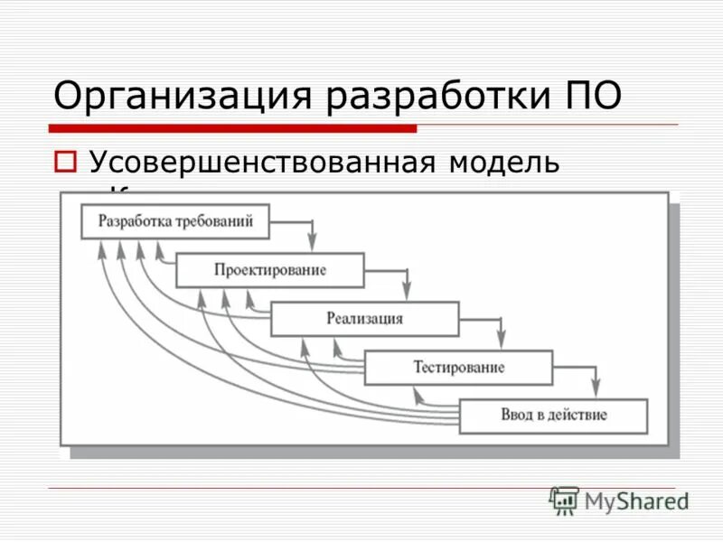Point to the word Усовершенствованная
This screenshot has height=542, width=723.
click(x=262, y=163)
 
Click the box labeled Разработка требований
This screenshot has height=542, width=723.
click(x=174, y=221)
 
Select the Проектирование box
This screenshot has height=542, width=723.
click(x=270, y=270)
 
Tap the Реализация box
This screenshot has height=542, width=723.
click(x=364, y=319)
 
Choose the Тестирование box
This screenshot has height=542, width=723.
click(x=458, y=368)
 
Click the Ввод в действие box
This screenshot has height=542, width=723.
click(x=553, y=416)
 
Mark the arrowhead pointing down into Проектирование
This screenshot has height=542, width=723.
click(x=313, y=242)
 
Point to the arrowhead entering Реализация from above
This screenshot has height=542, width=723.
click(x=407, y=290)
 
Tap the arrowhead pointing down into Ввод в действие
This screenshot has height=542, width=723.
click(x=596, y=388)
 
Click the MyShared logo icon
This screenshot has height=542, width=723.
click(x=564, y=500)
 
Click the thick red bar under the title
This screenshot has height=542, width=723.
click(x=232, y=128)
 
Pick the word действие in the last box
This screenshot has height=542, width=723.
click(x=577, y=416)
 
